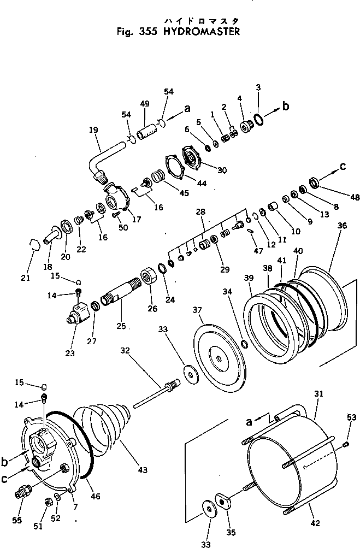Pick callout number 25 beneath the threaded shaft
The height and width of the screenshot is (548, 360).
click(x=121, y=326)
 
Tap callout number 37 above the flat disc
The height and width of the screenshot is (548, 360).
click(x=197, y=310)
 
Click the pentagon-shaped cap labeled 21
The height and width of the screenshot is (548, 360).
click(x=34, y=244)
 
